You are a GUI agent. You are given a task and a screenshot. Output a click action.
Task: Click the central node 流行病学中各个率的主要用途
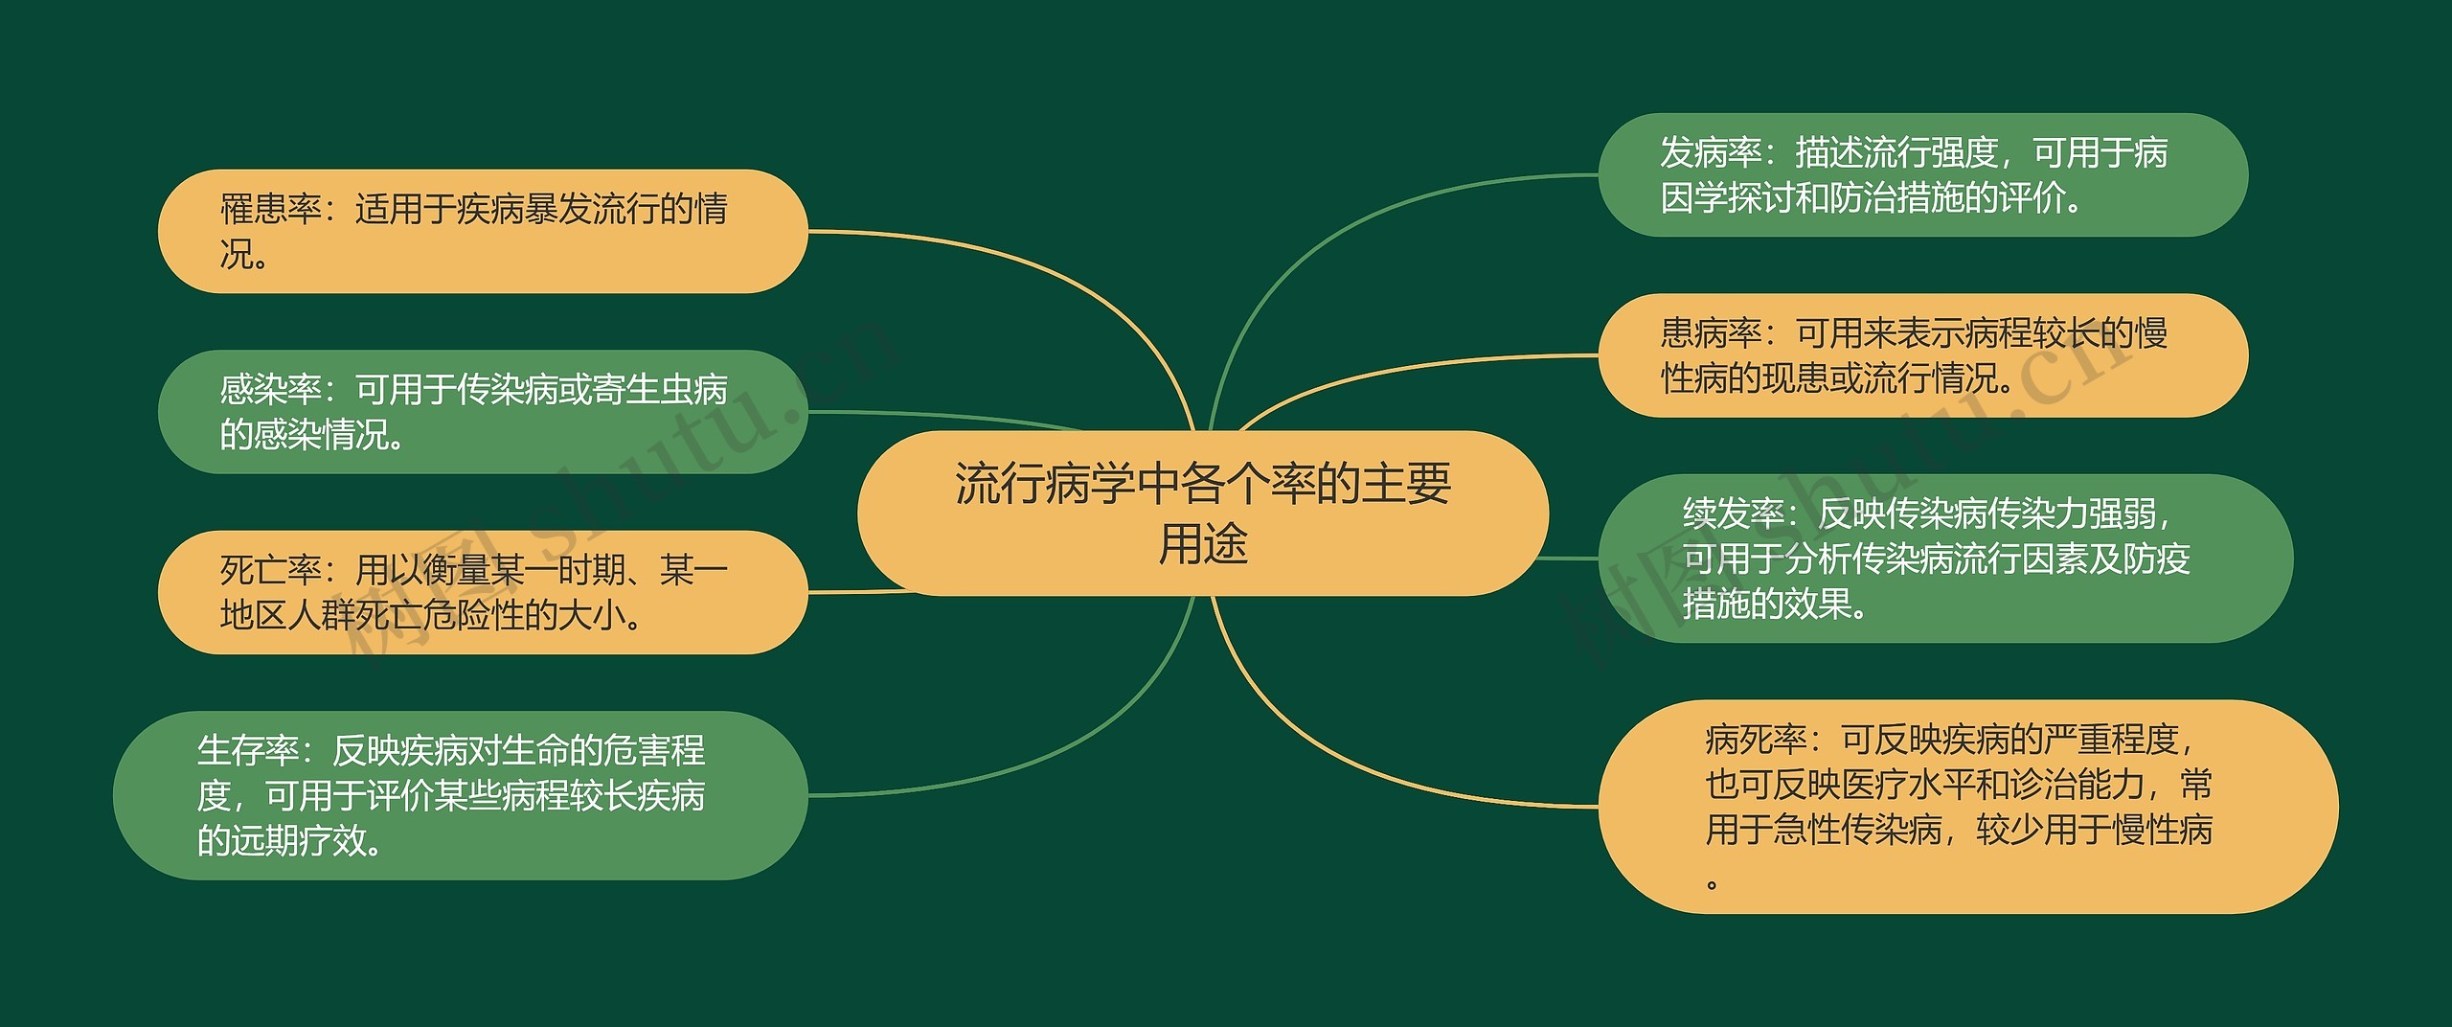click(1202, 513)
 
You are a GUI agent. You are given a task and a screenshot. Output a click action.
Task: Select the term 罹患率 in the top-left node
click(270, 209)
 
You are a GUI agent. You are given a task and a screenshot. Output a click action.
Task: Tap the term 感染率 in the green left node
click(270, 390)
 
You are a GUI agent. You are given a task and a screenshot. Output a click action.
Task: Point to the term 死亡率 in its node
click(270, 570)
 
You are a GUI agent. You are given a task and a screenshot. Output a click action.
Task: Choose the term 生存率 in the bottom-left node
click(247, 750)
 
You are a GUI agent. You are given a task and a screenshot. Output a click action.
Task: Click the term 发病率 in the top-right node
click(1711, 153)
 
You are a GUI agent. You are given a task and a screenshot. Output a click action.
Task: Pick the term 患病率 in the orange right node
click(1711, 333)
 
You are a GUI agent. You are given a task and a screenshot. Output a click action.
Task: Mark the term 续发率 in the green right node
click(1734, 514)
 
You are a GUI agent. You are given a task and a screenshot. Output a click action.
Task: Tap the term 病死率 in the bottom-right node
click(1756, 741)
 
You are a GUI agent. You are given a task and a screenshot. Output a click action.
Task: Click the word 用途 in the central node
click(1203, 544)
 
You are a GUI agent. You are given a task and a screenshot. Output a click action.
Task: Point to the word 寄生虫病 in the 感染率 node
click(660, 390)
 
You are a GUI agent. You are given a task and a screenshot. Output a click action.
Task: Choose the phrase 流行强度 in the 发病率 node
click(1930, 153)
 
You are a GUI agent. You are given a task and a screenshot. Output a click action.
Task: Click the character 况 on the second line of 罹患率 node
click(237, 255)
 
